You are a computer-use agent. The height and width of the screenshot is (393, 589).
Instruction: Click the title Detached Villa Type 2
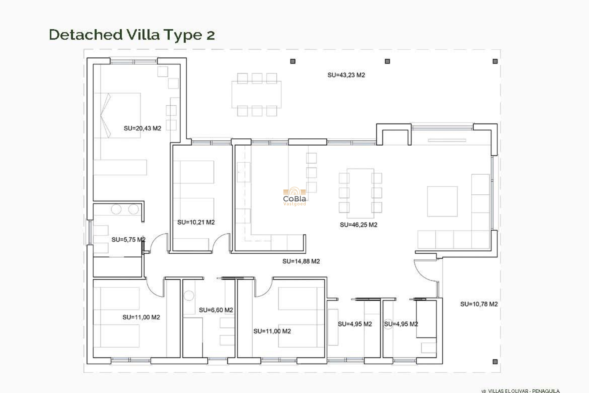pyautogui.click(x=132, y=35)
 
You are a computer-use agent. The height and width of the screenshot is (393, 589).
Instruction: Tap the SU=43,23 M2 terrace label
pyautogui.click(x=346, y=75)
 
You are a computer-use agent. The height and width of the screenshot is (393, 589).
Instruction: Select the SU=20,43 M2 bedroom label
pyautogui.click(x=142, y=128)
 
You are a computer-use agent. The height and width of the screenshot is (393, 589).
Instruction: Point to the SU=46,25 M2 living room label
pyautogui.click(x=358, y=225)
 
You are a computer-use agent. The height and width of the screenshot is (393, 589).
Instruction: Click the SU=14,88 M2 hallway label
pyautogui.click(x=301, y=261)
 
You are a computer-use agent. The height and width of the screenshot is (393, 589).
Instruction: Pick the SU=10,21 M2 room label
pyautogui.click(x=196, y=222)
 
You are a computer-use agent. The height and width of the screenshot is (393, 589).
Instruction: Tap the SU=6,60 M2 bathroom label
pyautogui.click(x=216, y=310)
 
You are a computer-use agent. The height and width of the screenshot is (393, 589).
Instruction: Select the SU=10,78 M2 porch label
pyautogui.click(x=479, y=304)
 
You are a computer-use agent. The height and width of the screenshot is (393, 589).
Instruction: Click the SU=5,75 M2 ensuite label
pyautogui.click(x=128, y=239)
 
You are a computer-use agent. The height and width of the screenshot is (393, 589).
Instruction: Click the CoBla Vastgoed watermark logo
pyautogui.click(x=294, y=196)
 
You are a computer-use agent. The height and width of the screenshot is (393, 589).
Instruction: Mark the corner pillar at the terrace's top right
pyautogui.click(x=495, y=61)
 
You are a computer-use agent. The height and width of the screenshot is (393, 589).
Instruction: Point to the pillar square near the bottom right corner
pyautogui.click(x=495, y=362)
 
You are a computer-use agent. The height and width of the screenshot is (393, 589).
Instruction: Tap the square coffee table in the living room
pyautogui.click(x=442, y=201)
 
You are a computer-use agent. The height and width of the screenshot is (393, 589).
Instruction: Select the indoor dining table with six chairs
pyautogui.click(x=360, y=193)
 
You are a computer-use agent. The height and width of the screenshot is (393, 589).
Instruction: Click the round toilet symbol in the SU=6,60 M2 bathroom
pyautogui.click(x=189, y=296)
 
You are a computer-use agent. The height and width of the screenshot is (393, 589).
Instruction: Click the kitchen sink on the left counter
pyautogui.click(x=244, y=172)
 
